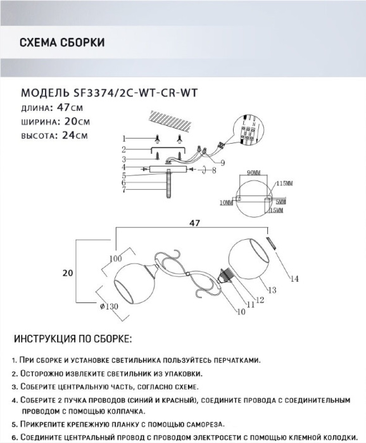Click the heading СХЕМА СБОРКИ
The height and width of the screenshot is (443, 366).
tap(62, 42)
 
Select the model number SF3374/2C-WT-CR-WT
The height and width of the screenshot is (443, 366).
tap(135, 93)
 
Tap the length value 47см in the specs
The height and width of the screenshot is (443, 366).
tap(70, 108)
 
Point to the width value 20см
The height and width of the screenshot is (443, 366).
tap(77, 122)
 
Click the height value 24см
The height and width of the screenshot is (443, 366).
tap(75, 135)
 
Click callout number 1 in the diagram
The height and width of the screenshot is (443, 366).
tap(123, 139)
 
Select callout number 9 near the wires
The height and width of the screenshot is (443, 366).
tap(223, 163)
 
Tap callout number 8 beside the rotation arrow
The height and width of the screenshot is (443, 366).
tap(214, 171)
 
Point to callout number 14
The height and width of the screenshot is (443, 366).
tap(294, 279)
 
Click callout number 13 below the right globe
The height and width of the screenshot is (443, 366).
tap(272, 290)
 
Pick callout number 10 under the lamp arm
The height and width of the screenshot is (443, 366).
tap(241, 311)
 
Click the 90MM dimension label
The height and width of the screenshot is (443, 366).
tap(253, 173)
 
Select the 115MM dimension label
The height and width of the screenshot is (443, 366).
tap(284, 184)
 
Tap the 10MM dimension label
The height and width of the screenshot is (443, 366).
tap(227, 203)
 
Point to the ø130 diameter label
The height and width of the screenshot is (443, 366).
tap(109, 306)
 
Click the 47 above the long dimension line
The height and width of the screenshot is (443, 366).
tap(194, 223)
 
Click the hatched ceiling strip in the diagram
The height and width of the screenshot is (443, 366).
tap(170, 122)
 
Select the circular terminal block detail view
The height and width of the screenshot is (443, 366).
tap(248, 130)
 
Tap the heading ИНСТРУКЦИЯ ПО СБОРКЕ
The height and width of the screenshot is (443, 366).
tap(73, 339)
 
